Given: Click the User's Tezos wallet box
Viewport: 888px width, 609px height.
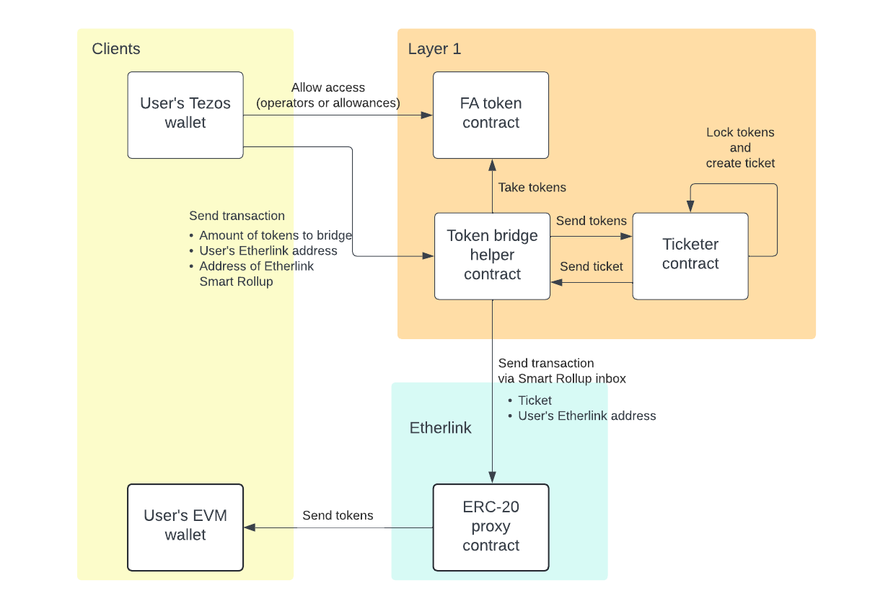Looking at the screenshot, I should coord(185,115).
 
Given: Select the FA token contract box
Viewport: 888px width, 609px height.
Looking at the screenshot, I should coord(491,115).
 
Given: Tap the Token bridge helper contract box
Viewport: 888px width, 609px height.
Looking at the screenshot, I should coord(492,255).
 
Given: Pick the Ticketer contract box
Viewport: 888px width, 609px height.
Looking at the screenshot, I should coord(690,255).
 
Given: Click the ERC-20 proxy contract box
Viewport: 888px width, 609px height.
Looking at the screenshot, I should coord(491,527).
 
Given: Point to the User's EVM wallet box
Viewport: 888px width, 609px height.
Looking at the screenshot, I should coord(185,527).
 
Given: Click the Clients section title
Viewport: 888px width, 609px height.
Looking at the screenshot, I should coord(116,49).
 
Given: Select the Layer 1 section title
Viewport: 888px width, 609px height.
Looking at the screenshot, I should coord(434,49).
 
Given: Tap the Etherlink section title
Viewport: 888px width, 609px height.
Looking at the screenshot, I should coord(440,428).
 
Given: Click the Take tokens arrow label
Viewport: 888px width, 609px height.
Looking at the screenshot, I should coord(532,188).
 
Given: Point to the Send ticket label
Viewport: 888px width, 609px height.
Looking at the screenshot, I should coord(592,267).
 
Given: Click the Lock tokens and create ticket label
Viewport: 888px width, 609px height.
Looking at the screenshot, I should coord(740,148).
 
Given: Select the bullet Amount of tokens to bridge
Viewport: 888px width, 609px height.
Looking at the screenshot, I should coord(276,235).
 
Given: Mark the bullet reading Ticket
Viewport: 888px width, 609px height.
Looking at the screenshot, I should coord(535,400).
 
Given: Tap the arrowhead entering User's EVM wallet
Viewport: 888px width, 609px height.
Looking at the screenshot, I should coord(250,527).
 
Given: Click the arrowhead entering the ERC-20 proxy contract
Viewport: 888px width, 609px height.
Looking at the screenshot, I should coord(492,478).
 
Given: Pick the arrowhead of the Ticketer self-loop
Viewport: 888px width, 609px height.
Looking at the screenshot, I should coord(690,207).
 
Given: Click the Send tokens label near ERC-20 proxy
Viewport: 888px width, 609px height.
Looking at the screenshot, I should coord(338,516).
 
